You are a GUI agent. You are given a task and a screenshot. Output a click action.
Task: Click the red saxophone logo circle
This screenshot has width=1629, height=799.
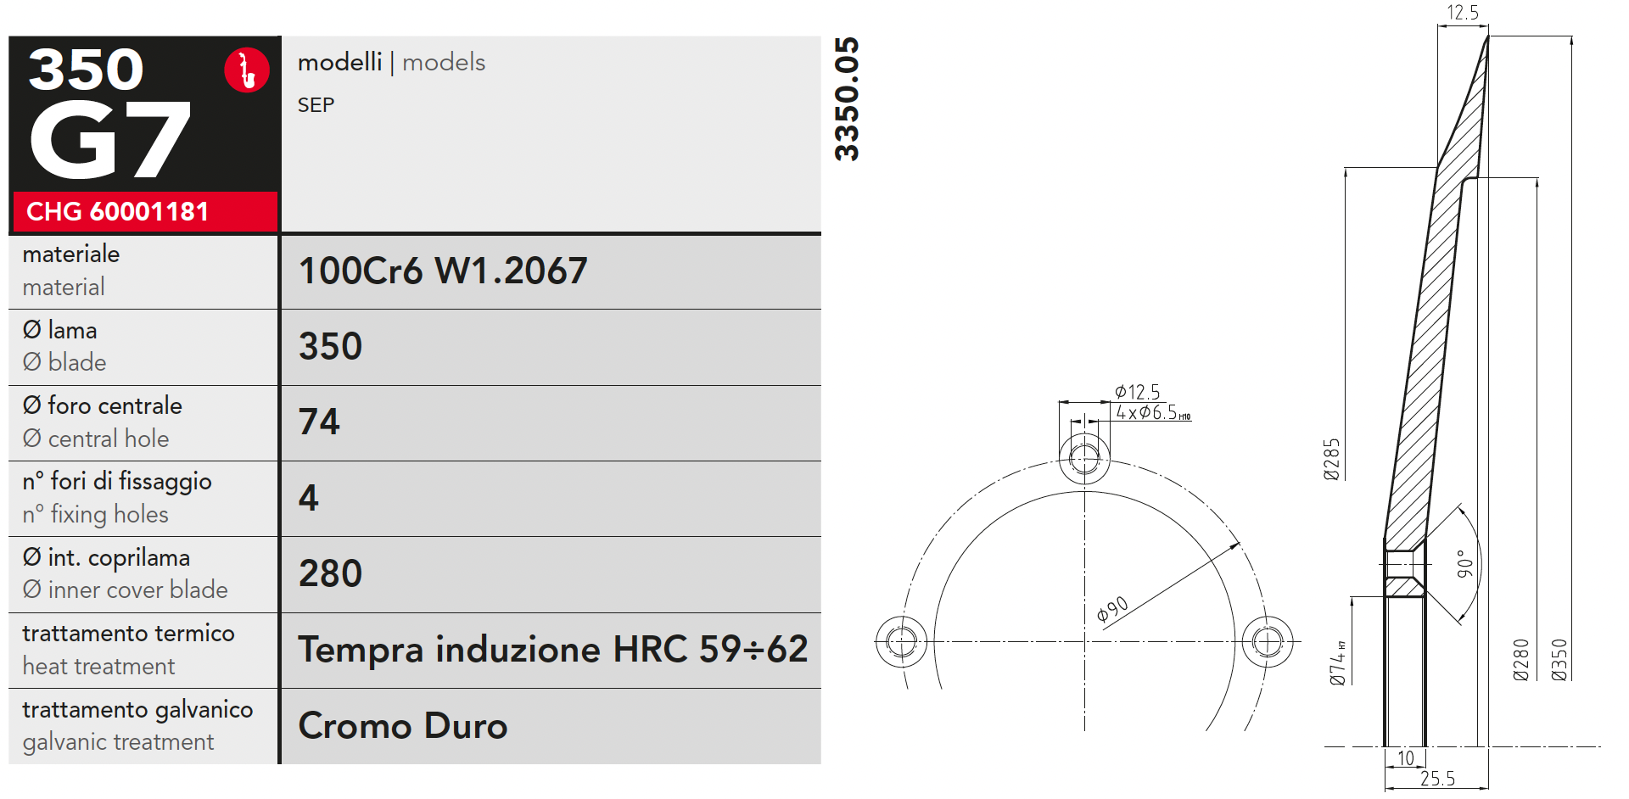[x=247, y=70]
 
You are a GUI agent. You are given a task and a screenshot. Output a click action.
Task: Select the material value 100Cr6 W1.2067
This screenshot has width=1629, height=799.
[x=443, y=271]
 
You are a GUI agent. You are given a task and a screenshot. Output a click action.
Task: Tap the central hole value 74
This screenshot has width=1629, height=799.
[x=319, y=422]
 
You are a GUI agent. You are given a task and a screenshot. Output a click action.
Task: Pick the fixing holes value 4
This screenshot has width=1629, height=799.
[x=309, y=498]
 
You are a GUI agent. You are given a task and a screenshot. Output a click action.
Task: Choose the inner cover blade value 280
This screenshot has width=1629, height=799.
[x=330, y=573]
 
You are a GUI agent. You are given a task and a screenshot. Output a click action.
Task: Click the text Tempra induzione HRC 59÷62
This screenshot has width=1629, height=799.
[x=553, y=650]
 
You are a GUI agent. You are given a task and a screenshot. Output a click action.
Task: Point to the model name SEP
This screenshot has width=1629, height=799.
[x=316, y=105]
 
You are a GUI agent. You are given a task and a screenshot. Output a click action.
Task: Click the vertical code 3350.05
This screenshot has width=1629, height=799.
[x=847, y=99]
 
